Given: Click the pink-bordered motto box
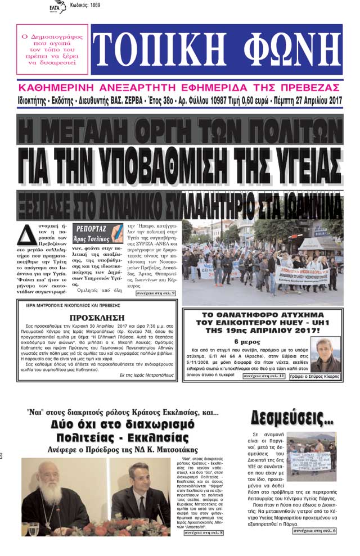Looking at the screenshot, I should [x=52, y=49].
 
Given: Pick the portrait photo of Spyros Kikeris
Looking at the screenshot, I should [x=325, y=354].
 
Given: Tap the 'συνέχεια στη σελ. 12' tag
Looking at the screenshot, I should [x=264, y=376].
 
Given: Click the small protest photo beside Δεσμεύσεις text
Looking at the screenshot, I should [x=312, y=456].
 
